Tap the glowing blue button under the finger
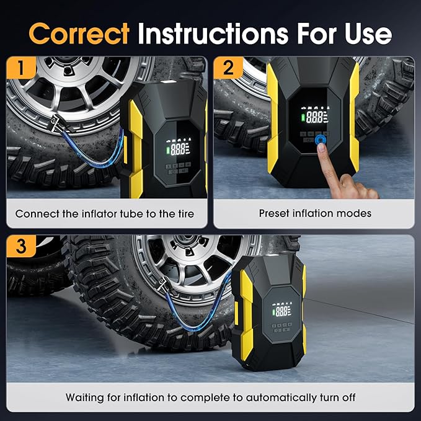click(321, 141)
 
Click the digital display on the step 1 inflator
click(177, 148)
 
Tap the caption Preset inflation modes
click(315, 213)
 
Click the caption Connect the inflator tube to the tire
click(105, 213)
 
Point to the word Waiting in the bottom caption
click(91, 397)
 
